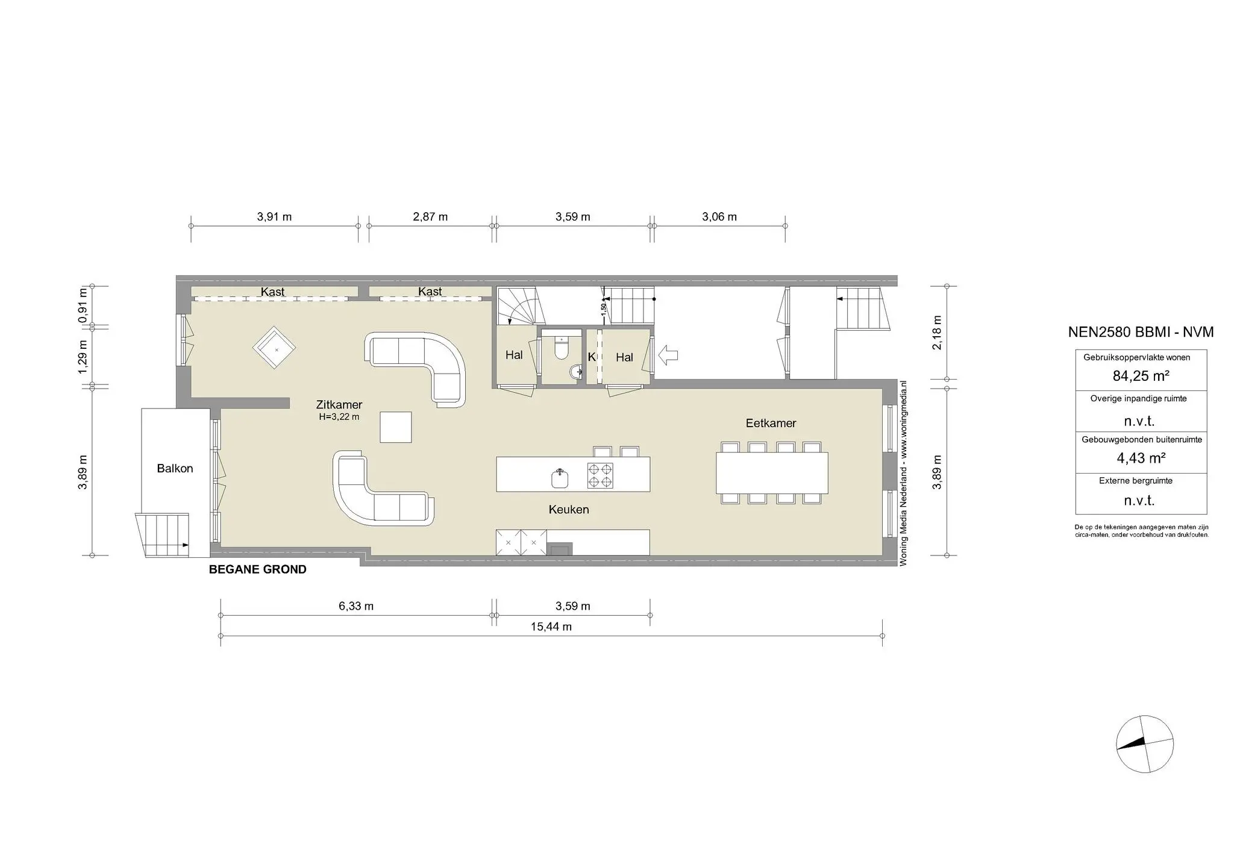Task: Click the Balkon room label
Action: coord(175,468)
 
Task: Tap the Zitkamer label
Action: coord(339,405)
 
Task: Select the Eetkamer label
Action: coord(771,423)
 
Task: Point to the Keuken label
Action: coord(568,509)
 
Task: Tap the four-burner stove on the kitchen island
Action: coord(600,475)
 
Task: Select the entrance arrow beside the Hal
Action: coord(668,355)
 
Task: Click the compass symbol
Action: coord(1144,743)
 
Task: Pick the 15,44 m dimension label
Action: coord(551,627)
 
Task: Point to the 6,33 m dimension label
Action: coord(355,606)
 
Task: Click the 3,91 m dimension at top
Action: coord(274,217)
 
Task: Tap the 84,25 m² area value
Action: coord(1141,376)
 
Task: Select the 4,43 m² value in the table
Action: coord(1141,458)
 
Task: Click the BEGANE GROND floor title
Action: coord(257,569)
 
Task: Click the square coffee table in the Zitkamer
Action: coord(396,427)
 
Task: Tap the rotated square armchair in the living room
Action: coord(275,348)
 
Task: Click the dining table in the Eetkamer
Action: coord(771,472)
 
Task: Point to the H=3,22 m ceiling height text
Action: coord(339,417)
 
